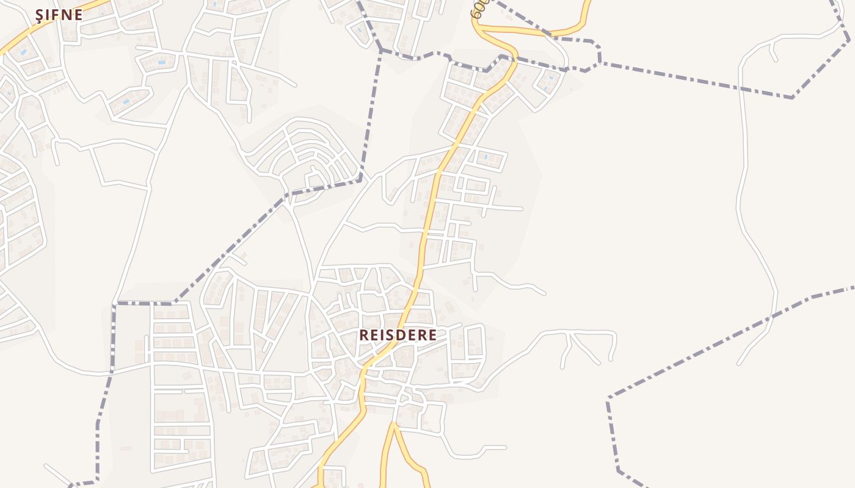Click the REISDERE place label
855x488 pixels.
[x=398, y=335]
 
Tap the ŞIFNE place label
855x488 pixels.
[x=59, y=15]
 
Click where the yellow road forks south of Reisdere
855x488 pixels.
[x=394, y=423]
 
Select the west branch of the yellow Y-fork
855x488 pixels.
[x=385, y=457]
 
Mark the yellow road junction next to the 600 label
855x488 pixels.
[x=482, y=27]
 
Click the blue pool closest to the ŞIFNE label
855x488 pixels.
[x=23, y=52]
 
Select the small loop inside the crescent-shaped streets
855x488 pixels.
[x=315, y=179]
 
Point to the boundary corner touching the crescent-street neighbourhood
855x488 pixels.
[x=360, y=179]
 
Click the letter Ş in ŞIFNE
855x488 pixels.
[x=40, y=15]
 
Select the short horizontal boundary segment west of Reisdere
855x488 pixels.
[x=145, y=303]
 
